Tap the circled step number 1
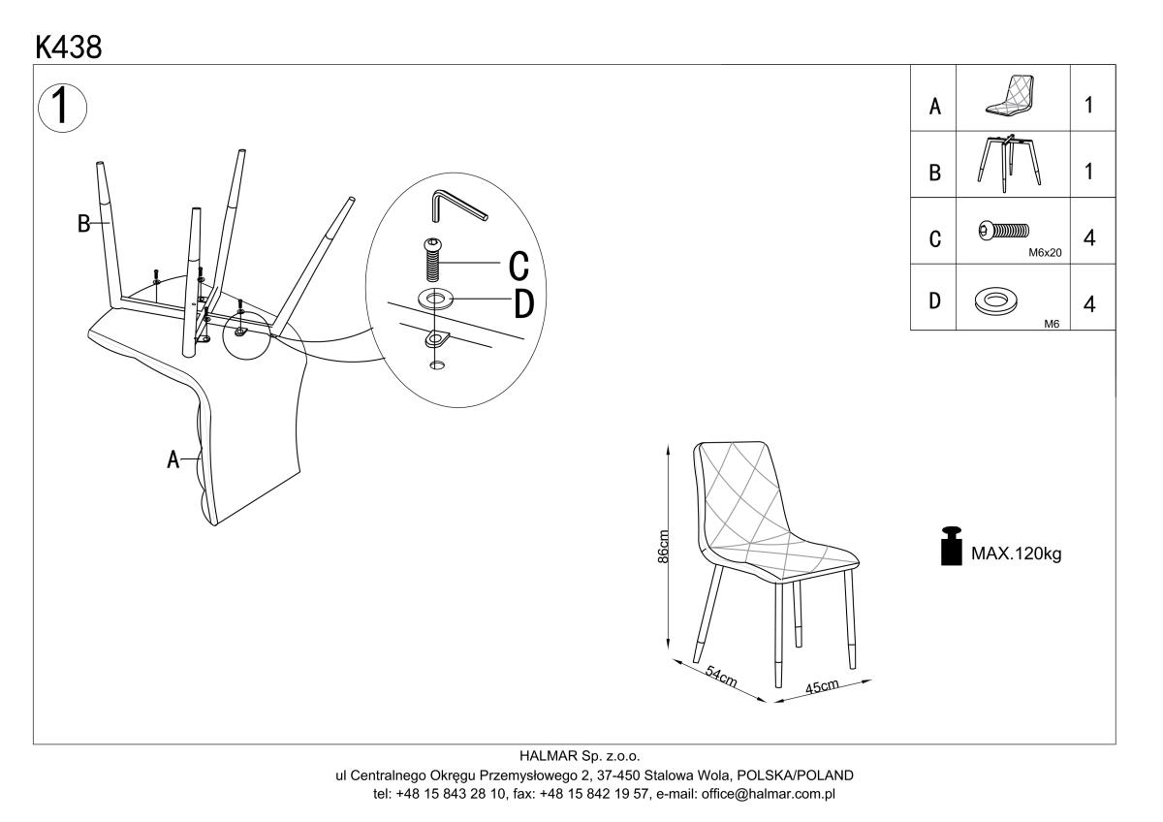point(61,105)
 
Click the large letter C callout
point(519,263)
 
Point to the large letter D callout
point(523,303)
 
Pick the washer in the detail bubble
point(435,296)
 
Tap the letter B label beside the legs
point(84,225)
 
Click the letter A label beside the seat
point(173,459)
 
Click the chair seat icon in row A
point(1013,96)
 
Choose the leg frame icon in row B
point(1011,162)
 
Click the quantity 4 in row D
point(1089,304)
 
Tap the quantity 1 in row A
point(1089,105)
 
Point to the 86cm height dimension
point(664,547)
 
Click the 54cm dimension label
point(719,676)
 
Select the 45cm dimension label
point(822,687)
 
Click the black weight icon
point(951,546)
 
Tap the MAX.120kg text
point(1017,555)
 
